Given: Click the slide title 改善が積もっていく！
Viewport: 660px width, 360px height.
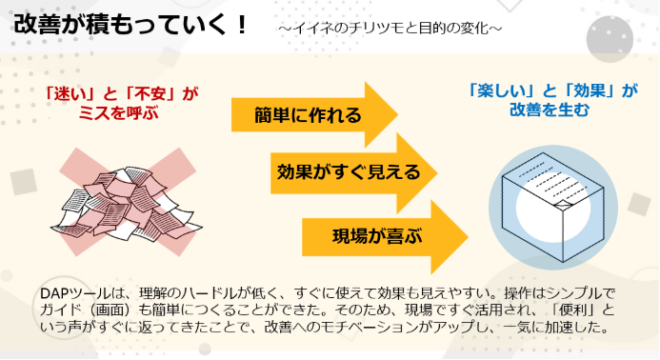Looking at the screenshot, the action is click(130, 25).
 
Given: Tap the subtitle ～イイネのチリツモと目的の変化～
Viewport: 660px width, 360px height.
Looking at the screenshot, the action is click(390, 29).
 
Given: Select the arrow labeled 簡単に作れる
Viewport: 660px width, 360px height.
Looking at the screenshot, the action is click(314, 114).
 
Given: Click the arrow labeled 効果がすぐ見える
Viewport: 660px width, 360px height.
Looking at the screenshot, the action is click(353, 172).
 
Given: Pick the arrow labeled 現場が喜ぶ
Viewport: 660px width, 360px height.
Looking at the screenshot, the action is click(385, 236).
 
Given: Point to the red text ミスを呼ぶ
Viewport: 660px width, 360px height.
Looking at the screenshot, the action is click(119, 112).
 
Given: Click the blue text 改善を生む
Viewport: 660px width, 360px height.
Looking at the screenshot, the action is click(550, 110).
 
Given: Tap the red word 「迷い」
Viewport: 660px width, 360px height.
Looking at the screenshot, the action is click(70, 94).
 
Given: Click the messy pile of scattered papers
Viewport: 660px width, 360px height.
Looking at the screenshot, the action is click(127, 204).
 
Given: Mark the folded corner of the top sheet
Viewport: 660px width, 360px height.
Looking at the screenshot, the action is click(563, 204).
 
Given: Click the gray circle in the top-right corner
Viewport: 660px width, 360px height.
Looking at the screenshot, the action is click(610, 39).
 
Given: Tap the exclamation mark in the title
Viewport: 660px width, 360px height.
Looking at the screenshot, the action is click(241, 25).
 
